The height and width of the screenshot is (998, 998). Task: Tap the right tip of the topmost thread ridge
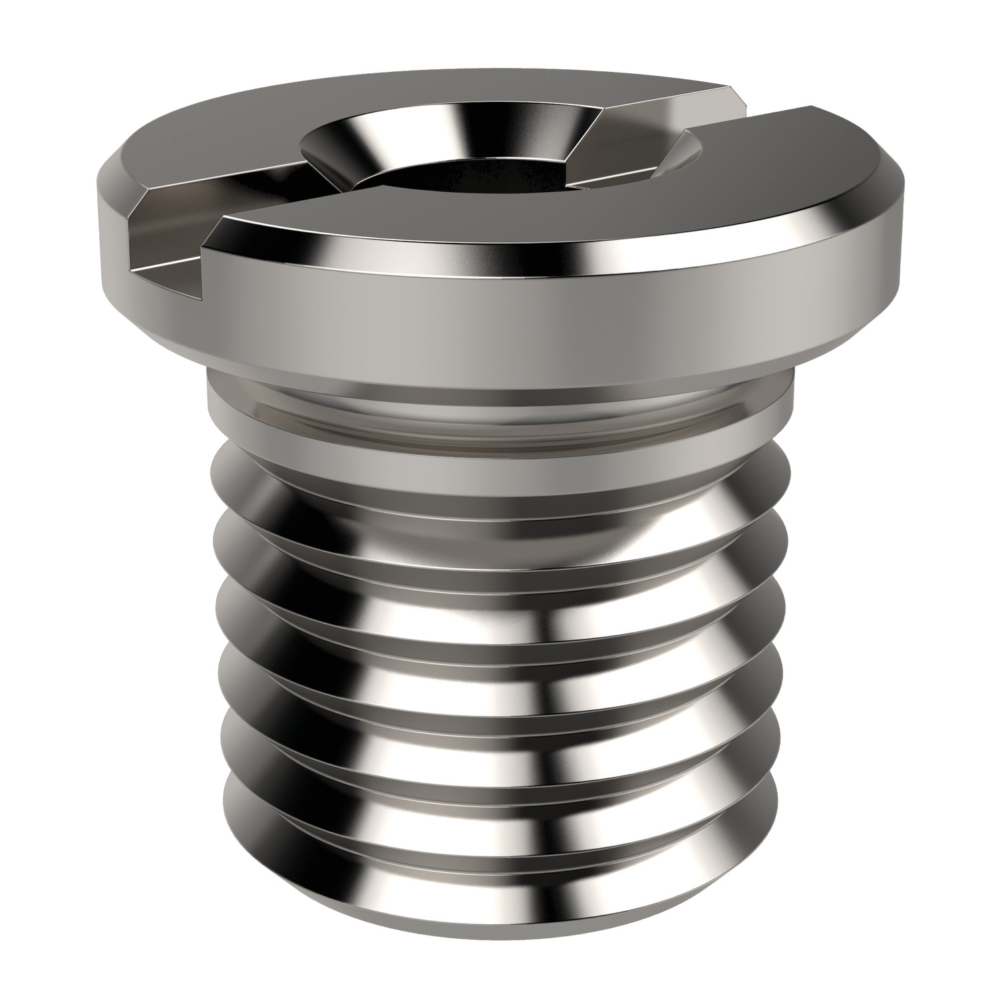click(785, 466)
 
